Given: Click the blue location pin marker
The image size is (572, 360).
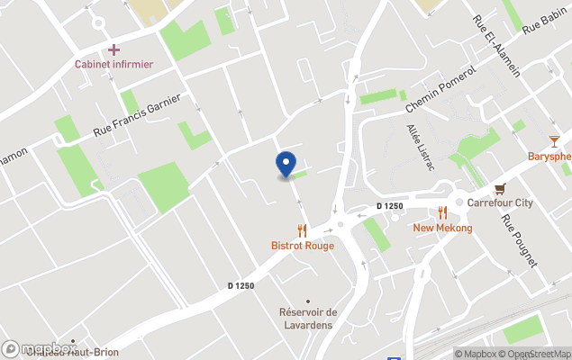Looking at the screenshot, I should pyautogui.click(x=286, y=164).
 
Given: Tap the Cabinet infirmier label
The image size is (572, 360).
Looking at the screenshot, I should pyautogui.click(x=113, y=65).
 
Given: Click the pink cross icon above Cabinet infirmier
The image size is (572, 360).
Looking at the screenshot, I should pyautogui.click(x=113, y=49).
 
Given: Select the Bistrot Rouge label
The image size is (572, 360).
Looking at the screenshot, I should pyautogui.click(x=303, y=246).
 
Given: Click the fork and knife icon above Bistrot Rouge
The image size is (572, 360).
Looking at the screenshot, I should pyautogui.click(x=302, y=230).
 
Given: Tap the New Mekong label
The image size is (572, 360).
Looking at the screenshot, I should pyautogui.click(x=442, y=229).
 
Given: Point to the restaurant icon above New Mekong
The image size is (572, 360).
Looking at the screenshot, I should pyautogui.click(x=442, y=213).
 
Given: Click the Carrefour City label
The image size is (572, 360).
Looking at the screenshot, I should pyautogui.click(x=500, y=203).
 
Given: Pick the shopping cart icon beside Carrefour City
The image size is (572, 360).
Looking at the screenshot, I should pyautogui.click(x=500, y=188).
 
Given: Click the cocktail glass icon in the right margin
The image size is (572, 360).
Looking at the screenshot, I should pyautogui.click(x=554, y=140).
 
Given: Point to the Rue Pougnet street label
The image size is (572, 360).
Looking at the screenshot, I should pyautogui.click(x=520, y=240).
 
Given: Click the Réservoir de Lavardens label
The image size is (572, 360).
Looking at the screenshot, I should pyautogui.click(x=305, y=319).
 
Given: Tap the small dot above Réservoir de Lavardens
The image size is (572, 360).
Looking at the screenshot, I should pyautogui.click(x=308, y=301).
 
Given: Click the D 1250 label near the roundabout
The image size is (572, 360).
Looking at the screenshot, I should pyautogui.click(x=390, y=206).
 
